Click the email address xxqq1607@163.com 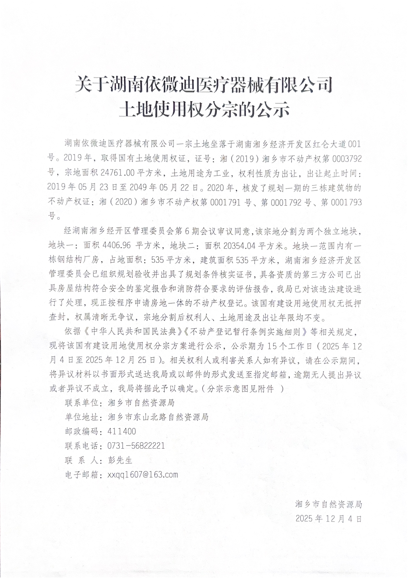coord(143,474)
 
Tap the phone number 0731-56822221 coord(136,446)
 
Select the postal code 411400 coord(122,431)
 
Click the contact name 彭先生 coord(120,460)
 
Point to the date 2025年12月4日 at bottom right coord(329,518)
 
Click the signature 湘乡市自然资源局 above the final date coord(329,504)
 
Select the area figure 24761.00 coord(118,173)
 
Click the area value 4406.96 coord(116,245)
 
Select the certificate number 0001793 coord(346,202)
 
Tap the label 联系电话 coord(82,446)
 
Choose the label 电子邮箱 coord(82,474)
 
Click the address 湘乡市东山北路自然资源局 coord(158,417)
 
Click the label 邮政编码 coord(82,431)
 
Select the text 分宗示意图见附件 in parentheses coord(241,389)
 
